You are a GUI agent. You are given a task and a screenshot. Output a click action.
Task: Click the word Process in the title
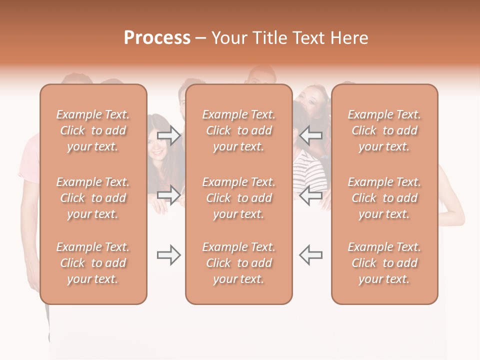point(157,38)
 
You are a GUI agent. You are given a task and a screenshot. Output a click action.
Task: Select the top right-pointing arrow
point(169,135)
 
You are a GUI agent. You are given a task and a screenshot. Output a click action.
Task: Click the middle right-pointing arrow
point(169,195)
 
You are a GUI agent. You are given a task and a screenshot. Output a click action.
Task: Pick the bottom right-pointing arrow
point(169,255)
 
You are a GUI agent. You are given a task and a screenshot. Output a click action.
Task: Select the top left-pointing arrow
point(310,135)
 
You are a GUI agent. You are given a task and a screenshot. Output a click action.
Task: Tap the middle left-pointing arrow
point(310,195)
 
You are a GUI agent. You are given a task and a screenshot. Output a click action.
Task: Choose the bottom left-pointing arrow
point(310,255)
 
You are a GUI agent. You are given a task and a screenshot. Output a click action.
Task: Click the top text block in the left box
point(93,130)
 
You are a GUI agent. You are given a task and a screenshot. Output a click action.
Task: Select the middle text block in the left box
point(93,198)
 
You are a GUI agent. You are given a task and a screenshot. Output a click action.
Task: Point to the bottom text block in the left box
point(93,263)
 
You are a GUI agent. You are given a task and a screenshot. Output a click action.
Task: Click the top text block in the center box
point(238,130)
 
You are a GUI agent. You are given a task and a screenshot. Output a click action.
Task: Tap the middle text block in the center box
point(238,198)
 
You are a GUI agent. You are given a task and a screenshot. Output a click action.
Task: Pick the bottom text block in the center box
point(238,263)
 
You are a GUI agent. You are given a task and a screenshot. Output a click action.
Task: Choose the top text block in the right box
point(384,130)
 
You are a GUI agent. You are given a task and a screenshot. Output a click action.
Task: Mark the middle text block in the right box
point(384,198)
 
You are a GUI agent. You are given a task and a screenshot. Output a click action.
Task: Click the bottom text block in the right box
point(384,263)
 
